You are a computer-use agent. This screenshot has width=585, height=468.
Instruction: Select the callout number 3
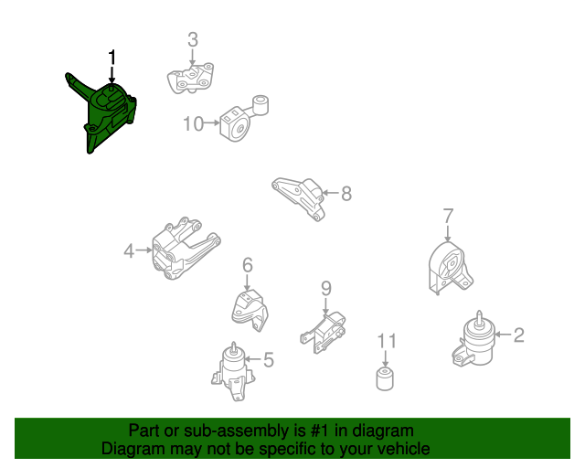click(x=193, y=39)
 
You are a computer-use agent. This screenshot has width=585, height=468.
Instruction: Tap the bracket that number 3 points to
click(x=191, y=79)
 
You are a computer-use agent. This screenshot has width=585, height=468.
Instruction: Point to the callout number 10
click(x=193, y=123)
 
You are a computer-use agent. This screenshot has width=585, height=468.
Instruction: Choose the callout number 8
click(x=346, y=193)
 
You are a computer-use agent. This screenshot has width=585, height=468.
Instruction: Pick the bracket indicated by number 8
click(x=299, y=198)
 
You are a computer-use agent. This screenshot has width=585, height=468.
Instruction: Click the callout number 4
click(x=129, y=250)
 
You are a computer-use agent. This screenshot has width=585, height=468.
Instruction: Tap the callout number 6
click(x=248, y=265)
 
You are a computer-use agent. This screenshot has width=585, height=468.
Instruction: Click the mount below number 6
click(x=250, y=310)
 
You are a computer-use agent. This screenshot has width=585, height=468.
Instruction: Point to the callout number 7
click(x=448, y=216)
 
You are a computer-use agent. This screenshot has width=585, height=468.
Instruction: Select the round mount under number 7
click(x=450, y=267)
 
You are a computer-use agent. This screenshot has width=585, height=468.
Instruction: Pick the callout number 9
click(x=326, y=288)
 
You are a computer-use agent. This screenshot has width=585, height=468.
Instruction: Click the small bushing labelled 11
click(x=385, y=378)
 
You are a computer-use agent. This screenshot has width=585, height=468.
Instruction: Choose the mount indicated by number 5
click(x=234, y=372)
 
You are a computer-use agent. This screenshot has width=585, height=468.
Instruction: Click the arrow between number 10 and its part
click(x=212, y=122)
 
